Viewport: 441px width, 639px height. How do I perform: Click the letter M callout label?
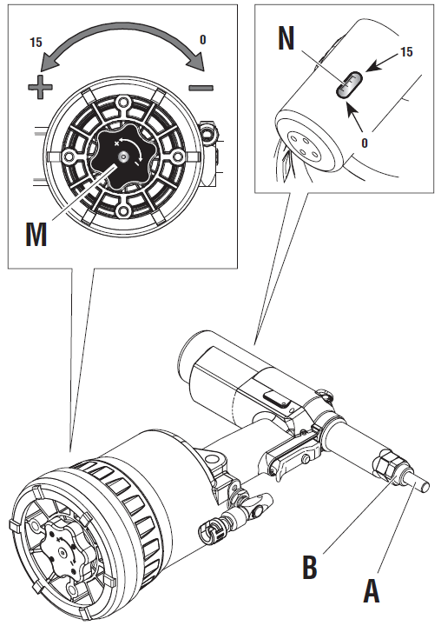[x=36, y=235]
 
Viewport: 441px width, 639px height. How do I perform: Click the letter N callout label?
[x=286, y=38]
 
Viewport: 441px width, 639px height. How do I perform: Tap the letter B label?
[x=310, y=567]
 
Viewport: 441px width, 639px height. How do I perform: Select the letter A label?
[x=372, y=590]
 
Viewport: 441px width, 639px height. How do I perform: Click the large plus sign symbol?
[x=40, y=86]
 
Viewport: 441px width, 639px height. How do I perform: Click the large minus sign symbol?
[x=201, y=87]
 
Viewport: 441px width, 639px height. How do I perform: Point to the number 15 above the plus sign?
[x=36, y=42]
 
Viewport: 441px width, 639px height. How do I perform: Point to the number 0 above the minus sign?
[x=202, y=39]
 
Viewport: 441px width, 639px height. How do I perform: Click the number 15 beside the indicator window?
[x=406, y=52]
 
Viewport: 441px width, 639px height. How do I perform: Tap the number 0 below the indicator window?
[x=365, y=143]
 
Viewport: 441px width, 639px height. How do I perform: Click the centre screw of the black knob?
[x=122, y=156]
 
